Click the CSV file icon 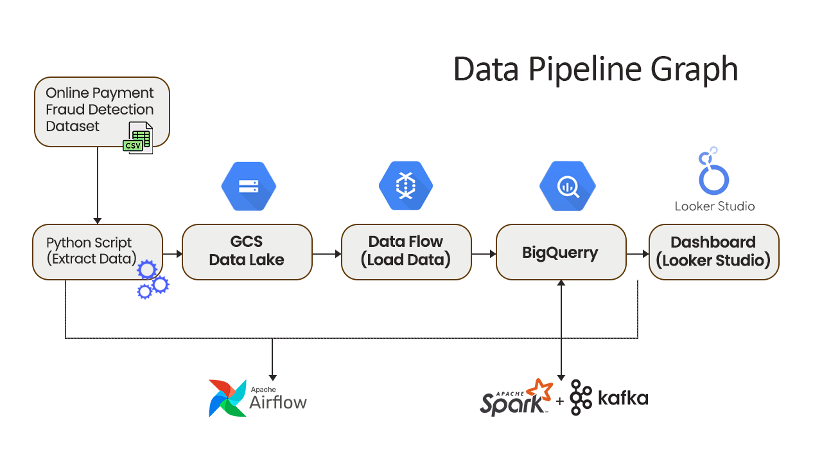[x=138, y=138]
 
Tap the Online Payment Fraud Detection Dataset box [x=101, y=112]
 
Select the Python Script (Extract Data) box [x=97, y=252]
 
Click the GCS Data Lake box [x=247, y=252]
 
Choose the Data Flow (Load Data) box [x=407, y=252]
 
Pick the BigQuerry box [x=561, y=252]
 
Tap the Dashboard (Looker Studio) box [x=713, y=252]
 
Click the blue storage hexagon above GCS [x=249, y=186]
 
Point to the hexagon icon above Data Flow [x=406, y=186]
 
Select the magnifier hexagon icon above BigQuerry [x=567, y=186]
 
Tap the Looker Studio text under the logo [x=715, y=206]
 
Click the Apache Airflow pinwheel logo [x=227, y=398]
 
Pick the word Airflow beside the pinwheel [x=278, y=403]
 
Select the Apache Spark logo [x=516, y=397]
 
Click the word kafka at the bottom [x=623, y=398]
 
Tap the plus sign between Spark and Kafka [x=559, y=401]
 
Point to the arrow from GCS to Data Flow [x=327, y=253]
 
